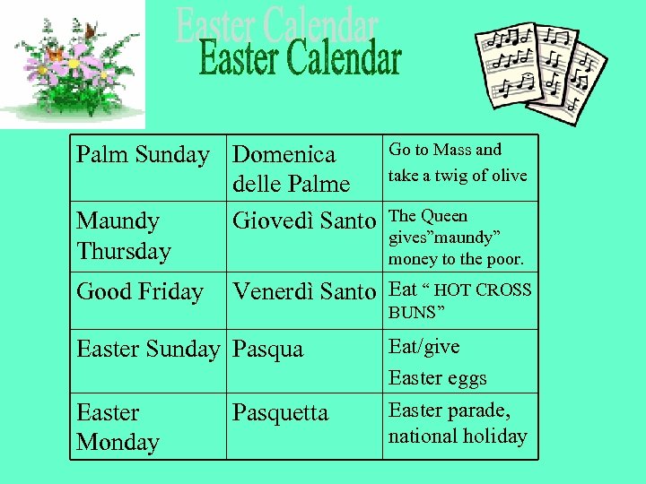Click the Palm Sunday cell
tap(143, 155)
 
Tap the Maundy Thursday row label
tap(124, 236)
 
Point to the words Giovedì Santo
tap(304, 220)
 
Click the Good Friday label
tap(140, 292)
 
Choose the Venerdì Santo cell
tap(304, 292)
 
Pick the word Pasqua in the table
tap(267, 350)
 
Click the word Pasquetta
tap(280, 413)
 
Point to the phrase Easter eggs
tap(438, 378)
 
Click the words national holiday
tap(458, 436)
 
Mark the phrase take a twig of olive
tap(458, 176)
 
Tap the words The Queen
tap(428, 216)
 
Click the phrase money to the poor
tap(456, 260)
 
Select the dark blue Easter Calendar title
tap(300, 60)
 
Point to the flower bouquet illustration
tap(76, 67)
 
